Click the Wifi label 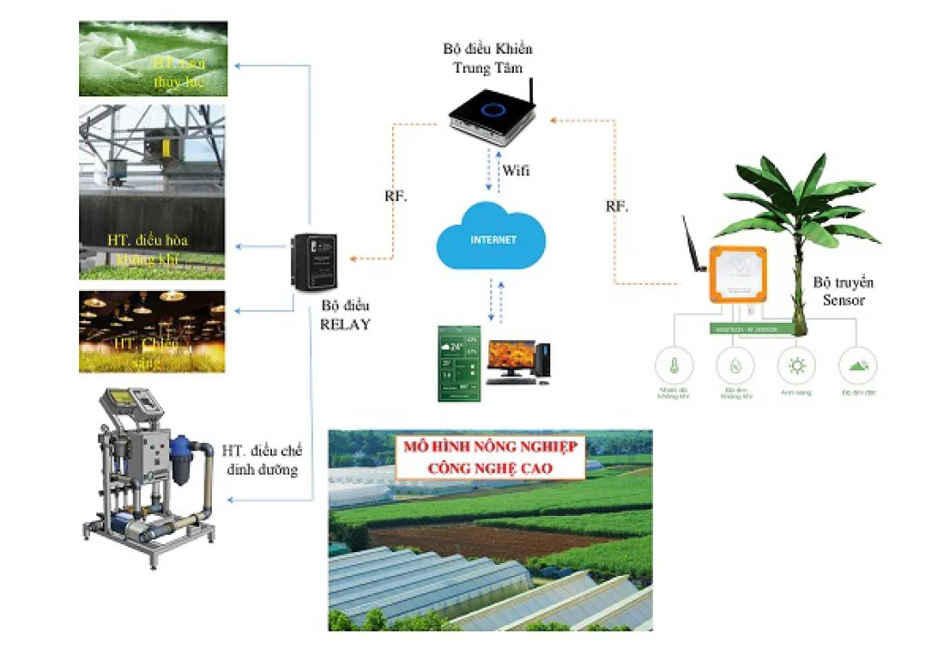click(515, 170)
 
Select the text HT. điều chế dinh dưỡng click(262, 460)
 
